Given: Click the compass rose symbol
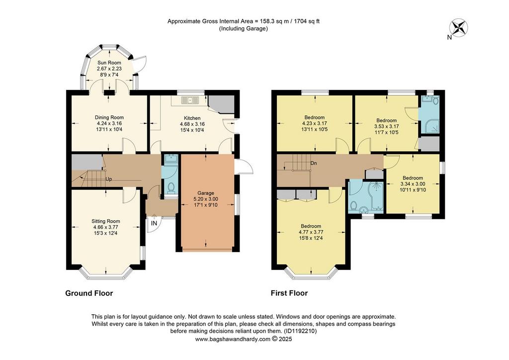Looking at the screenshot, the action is pos(458,27).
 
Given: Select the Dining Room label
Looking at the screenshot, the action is pos(109,117).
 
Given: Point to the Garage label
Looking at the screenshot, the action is pos(205,193).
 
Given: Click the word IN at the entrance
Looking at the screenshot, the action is pos(154,223).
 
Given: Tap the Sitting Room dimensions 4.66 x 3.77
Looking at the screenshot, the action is pos(105,227).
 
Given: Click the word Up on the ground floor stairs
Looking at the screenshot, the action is pos(109,179).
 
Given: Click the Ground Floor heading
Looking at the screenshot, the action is pos(89,293).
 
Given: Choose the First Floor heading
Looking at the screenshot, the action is pos(289,293).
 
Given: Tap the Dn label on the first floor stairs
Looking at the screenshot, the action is pos(314,163).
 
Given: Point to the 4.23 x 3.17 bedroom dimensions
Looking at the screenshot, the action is pos(314,123).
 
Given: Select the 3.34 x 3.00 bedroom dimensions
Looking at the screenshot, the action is pos(413,184).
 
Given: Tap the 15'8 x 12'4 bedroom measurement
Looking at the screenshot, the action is pos(311,238).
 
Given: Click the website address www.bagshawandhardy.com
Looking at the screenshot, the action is pos(233,339).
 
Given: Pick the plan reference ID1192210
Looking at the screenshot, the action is pos(300,332).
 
